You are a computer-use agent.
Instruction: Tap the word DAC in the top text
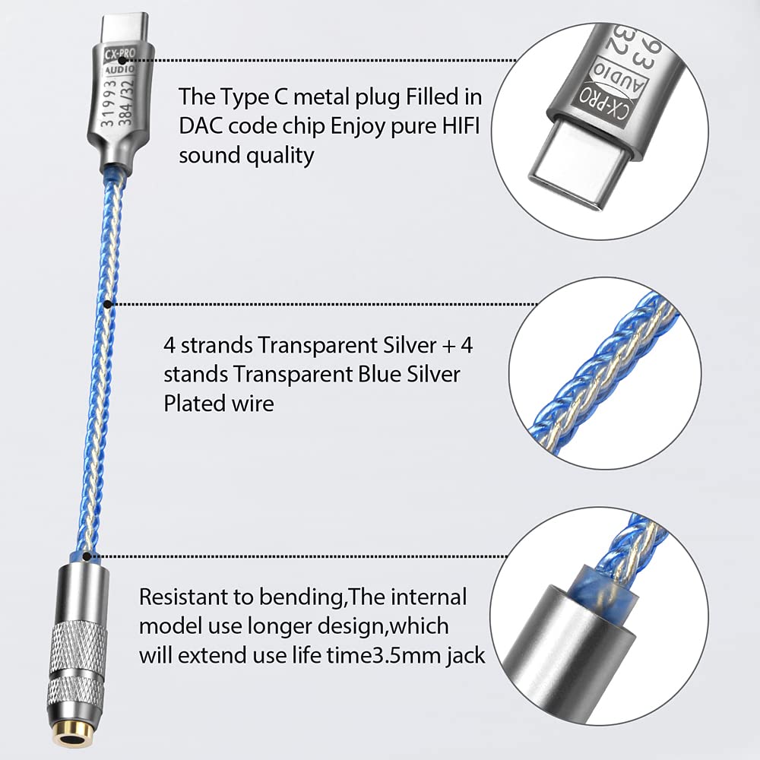[201, 126]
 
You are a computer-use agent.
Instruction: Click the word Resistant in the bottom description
[196, 597]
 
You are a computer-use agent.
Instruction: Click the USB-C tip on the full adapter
[125, 28]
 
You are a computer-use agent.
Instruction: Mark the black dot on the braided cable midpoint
[108, 304]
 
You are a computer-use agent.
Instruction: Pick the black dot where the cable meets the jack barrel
[87, 556]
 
